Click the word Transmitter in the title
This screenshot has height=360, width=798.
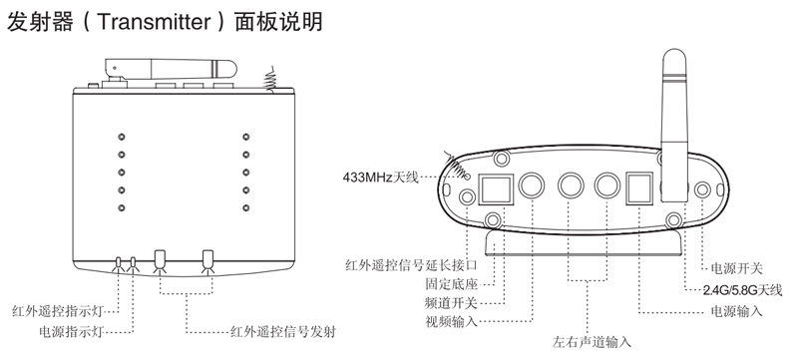[154, 22]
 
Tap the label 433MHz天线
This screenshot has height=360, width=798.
[380, 178]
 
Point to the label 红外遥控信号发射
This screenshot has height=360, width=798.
[283, 332]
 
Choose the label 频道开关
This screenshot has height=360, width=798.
[451, 303]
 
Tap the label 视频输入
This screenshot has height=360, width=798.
[451, 321]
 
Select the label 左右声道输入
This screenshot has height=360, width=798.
[592, 342]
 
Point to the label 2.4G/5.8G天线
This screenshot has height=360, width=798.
[742, 290]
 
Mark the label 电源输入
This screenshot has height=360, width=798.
[736, 311]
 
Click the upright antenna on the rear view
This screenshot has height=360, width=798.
[674, 127]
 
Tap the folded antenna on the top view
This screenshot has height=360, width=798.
[171, 69]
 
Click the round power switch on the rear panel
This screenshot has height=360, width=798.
[703, 189]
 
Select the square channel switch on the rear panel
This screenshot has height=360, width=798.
[496, 188]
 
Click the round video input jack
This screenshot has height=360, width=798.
[532, 185]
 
